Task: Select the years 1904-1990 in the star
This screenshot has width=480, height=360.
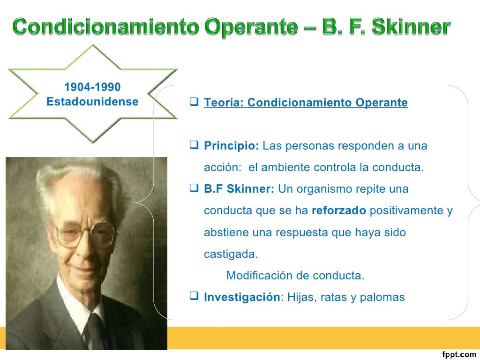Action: (92, 87)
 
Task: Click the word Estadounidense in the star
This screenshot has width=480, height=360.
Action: (92, 102)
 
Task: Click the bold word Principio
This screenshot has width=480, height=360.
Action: (232, 146)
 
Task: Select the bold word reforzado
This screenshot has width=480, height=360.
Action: (338, 211)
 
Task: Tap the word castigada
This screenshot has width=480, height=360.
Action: (231, 254)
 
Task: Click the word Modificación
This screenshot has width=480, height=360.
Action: (260, 276)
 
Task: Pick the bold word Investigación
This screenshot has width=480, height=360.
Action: (241, 297)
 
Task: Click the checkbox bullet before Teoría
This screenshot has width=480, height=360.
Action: (195, 102)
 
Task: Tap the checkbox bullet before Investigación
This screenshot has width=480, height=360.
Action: (195, 297)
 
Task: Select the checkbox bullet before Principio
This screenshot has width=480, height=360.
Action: (195, 145)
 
